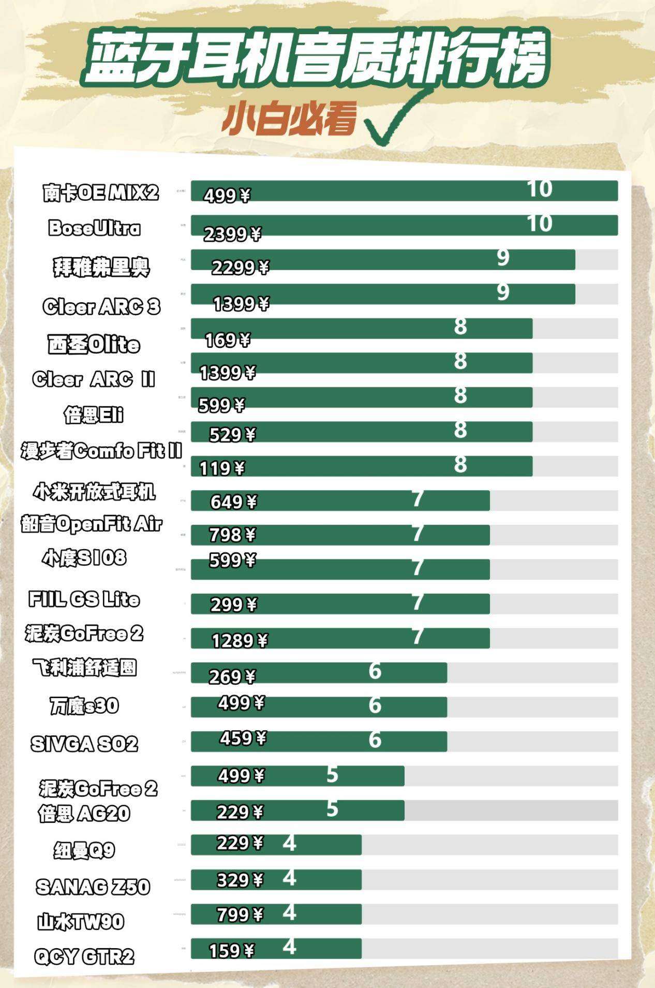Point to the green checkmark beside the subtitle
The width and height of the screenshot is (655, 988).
pos(393,122)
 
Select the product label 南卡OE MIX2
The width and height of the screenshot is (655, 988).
pos(100,193)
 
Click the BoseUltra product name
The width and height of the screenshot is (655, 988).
pos(94,228)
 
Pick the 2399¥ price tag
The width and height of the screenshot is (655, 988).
pos(232,234)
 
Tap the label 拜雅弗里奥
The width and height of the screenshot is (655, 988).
pos(101,267)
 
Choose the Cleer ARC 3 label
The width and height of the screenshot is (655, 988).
pos(101,306)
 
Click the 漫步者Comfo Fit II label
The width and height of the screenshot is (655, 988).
pos(101,451)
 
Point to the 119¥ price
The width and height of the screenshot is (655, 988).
pos(222,468)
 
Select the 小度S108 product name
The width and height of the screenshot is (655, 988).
pos(84,558)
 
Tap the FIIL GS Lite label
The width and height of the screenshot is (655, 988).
pos(84,599)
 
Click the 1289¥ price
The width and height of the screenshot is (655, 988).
pos(240,641)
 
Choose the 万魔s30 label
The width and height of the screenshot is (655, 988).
pos(84,706)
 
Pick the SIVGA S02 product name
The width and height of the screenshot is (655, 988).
pos(84,744)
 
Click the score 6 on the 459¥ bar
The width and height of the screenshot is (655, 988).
pos(375,740)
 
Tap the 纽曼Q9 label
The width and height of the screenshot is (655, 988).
pos(84,850)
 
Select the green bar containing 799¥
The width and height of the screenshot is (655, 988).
pos(276,915)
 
